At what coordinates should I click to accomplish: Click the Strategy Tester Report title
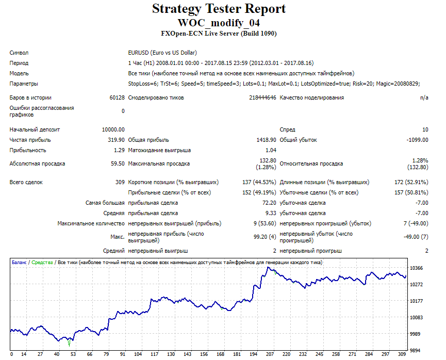point(219,9)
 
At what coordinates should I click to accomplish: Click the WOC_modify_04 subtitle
point(219,23)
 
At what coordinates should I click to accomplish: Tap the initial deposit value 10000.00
point(113,129)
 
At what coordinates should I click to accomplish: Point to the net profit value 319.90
point(117,140)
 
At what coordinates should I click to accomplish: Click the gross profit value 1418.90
point(266,140)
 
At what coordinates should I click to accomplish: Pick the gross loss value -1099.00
point(417,140)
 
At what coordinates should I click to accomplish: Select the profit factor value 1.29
point(120,150)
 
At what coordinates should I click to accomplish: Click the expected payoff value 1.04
point(271,150)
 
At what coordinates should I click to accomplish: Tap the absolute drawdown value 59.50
point(118,163)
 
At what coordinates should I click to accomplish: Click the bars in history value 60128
point(117,97)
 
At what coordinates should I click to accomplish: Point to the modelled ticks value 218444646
point(262,97)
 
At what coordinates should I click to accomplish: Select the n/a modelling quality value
point(424,97)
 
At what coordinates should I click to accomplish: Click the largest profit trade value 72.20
point(269,203)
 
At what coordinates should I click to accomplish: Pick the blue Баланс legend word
point(19,263)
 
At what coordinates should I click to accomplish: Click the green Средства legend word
point(42,263)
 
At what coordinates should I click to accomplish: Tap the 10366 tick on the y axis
point(417,268)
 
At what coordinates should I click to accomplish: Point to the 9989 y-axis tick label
point(415,334)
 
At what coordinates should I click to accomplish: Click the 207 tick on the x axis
point(270,354)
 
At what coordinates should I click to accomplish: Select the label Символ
point(19,53)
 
